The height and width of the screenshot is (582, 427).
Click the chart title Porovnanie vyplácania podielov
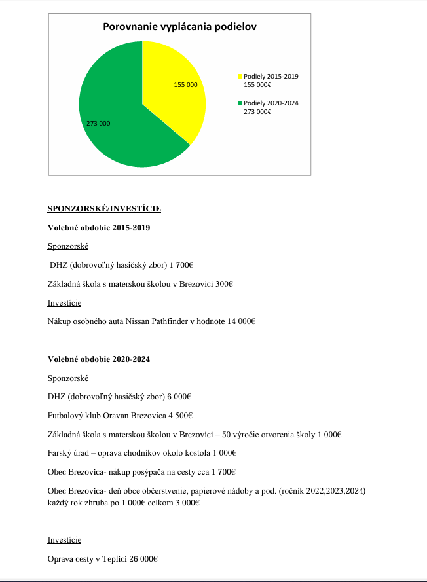179,27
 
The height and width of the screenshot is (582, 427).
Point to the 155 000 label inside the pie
185,85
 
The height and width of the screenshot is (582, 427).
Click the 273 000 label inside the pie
98,123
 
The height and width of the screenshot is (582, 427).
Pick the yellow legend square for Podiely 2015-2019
240,77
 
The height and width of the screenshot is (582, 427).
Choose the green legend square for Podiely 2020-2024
240,103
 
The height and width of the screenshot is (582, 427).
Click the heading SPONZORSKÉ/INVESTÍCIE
104,209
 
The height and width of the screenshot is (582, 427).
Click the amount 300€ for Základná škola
224,283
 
